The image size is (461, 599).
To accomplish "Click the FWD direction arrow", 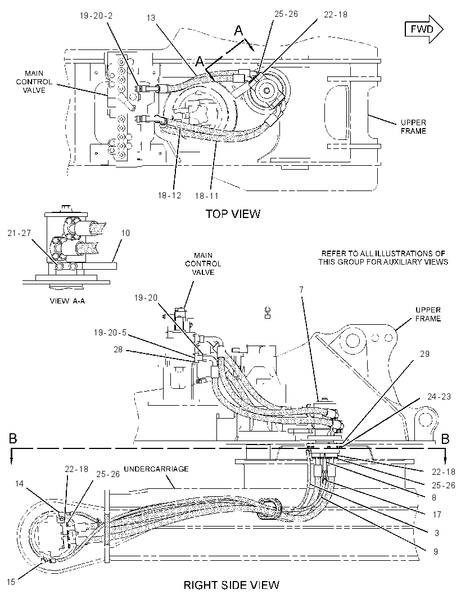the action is coord(423,29).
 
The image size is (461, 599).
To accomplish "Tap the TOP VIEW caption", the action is coord(233,214).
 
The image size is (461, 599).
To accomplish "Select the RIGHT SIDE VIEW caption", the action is coord(231,585).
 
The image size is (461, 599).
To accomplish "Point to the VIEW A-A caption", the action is coord(67,301).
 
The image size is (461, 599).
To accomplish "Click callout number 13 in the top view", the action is coord(151,17).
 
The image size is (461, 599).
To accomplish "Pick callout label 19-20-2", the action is coord(96,16).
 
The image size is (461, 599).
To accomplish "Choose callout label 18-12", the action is coord(169,195).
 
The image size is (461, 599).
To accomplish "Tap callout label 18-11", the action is coord(206,196).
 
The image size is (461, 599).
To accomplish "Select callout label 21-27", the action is coord(19,233).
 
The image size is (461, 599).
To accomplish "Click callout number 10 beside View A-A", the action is coord(125,233).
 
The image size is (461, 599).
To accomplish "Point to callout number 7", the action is coord(301,290).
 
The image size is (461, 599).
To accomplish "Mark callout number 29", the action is coord(424,354).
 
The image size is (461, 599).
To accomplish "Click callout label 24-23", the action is coord(439,397).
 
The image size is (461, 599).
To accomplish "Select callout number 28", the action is coord(118,349).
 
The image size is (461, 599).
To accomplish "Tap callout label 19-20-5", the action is coord(110,333).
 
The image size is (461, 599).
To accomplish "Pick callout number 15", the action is coord(11,582).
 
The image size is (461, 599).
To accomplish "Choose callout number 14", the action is coord(19,484).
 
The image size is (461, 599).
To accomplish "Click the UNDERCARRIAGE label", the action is coord(156,469).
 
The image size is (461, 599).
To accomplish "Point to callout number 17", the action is coord(437,515).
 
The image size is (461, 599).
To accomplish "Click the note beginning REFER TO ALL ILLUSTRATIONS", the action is coord(383,257).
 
